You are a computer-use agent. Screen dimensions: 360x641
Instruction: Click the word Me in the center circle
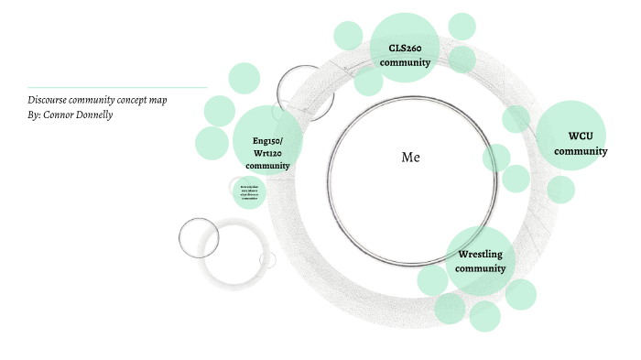click(x=410, y=158)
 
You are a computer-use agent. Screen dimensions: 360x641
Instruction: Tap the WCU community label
click(x=581, y=144)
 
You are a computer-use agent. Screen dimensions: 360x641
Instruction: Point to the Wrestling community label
click(x=481, y=261)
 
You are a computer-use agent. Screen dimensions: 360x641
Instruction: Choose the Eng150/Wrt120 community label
click(x=267, y=153)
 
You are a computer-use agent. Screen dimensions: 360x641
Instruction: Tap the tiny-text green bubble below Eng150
click(x=248, y=191)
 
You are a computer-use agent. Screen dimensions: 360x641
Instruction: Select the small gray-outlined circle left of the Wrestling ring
click(x=198, y=237)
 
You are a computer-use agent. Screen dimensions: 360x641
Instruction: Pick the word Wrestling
click(x=481, y=254)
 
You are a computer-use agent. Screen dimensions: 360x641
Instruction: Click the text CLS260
click(x=405, y=48)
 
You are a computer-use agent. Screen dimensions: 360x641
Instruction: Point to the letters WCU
click(x=581, y=136)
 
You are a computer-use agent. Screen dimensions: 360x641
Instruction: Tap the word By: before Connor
click(x=35, y=115)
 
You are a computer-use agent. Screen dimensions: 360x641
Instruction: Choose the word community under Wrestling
click(x=481, y=268)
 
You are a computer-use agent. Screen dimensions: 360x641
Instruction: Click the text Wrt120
click(x=267, y=153)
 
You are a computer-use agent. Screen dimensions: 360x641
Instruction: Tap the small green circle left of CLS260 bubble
click(x=348, y=36)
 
